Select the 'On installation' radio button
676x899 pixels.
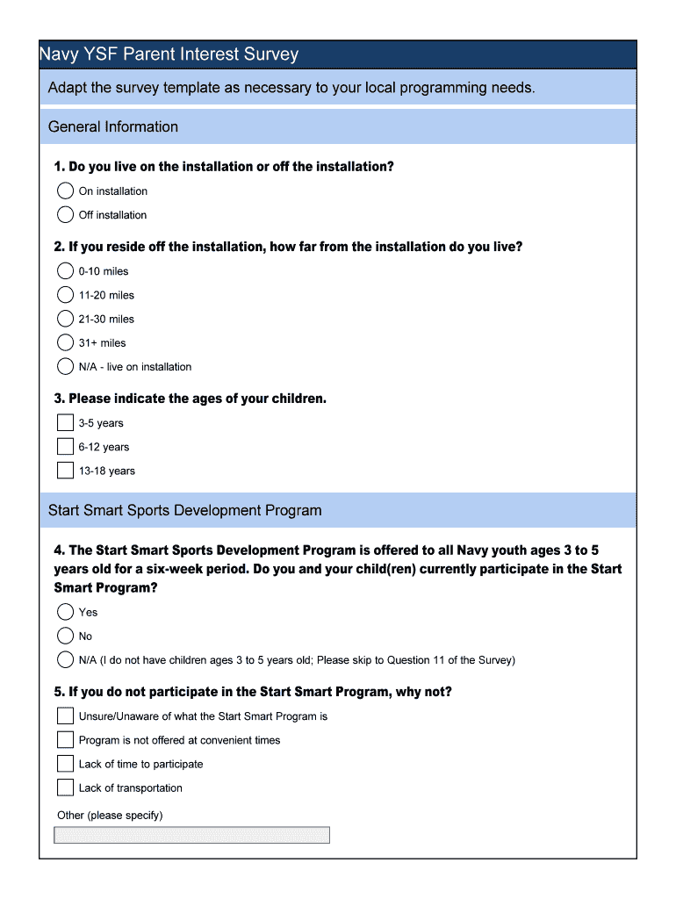[x=66, y=191]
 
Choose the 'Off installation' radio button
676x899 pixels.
[x=66, y=214]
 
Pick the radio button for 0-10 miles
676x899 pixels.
[x=66, y=271]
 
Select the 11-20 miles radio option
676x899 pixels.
[x=66, y=295]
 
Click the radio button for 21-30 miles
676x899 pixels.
[x=66, y=319]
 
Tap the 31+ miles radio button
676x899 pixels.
[x=66, y=342]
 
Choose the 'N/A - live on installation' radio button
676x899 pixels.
[x=66, y=366]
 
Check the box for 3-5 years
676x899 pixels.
[x=66, y=422]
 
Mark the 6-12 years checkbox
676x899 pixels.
[x=66, y=446]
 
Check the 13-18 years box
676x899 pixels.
[x=66, y=470]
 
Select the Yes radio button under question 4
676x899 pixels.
[x=66, y=612]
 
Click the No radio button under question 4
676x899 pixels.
[x=66, y=636]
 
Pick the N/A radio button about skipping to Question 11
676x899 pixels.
[x=66, y=659]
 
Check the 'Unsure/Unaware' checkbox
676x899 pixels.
[x=66, y=716]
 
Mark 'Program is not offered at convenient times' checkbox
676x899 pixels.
[x=66, y=739]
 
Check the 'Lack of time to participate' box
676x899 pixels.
[x=66, y=763]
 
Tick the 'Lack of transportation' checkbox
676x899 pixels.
[x=66, y=787]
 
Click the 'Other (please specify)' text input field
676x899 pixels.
[x=191, y=835]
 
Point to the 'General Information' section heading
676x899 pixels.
[x=113, y=127]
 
